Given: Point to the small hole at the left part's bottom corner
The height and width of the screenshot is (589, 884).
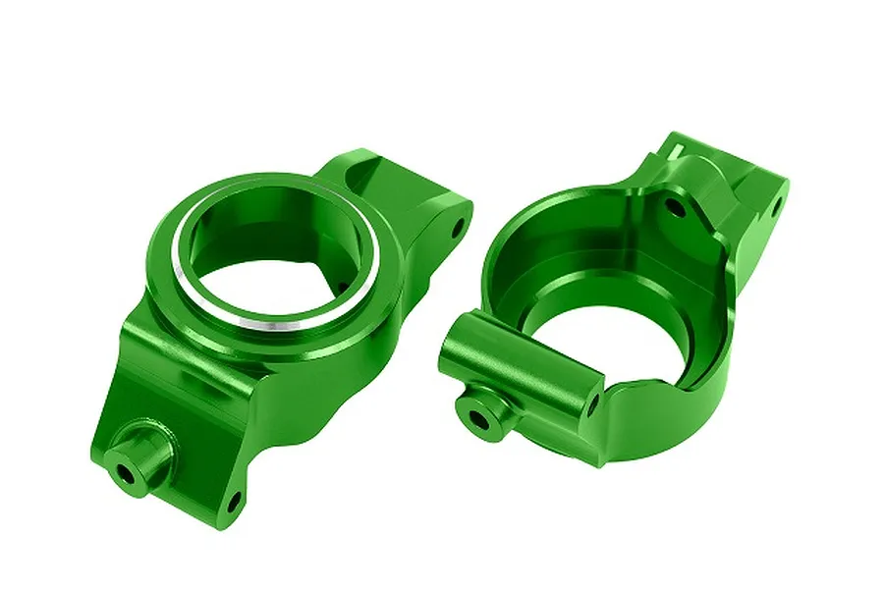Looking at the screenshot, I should coord(234,504).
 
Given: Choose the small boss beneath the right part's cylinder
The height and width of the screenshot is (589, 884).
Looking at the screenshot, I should coord(483,410).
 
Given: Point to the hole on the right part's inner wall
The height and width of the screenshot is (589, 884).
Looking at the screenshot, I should coord(673,206).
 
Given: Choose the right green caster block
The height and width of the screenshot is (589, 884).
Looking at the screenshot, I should coord(629,294).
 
